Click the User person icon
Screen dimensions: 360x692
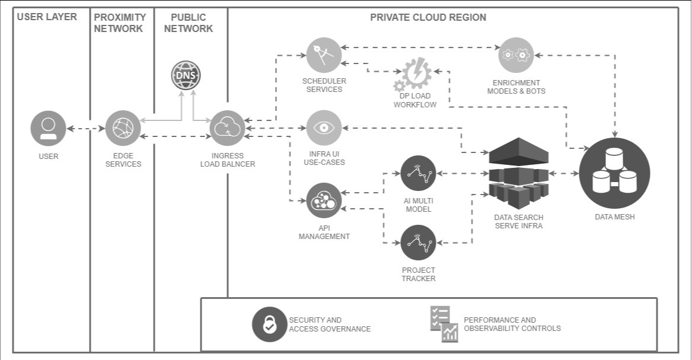[48, 128]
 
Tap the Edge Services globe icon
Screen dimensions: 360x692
[123, 128]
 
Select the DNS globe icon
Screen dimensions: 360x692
[186, 75]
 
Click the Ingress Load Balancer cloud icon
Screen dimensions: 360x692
[228, 128]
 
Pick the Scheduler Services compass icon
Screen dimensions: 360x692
[324, 56]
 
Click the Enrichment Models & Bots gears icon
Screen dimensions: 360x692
[516, 56]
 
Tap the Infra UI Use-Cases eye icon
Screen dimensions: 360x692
[324, 128]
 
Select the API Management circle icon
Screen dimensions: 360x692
[324, 200]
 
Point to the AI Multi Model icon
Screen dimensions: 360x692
[419, 173]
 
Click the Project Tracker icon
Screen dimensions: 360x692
[419, 242]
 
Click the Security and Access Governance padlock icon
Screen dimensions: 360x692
[270, 324]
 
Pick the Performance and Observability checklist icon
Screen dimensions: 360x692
[444, 324]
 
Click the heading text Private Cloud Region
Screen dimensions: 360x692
[428, 17]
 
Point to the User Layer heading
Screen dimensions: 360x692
[47, 17]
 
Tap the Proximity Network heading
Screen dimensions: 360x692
[119, 23]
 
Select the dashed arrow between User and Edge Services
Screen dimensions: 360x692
[85, 128]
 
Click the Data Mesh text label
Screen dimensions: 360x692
[614, 217]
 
